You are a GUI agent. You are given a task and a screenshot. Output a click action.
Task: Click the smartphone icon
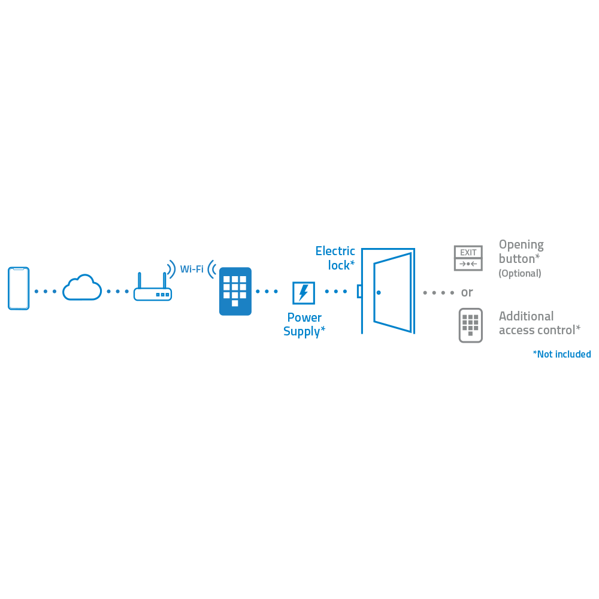[x=19, y=288]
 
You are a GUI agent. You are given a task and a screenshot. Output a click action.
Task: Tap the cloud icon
[x=82, y=288]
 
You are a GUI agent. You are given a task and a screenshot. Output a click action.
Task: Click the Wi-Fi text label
[x=192, y=269]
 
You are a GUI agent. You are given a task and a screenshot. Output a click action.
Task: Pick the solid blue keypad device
[x=235, y=291]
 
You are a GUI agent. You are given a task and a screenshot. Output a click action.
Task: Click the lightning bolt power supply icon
[x=303, y=293]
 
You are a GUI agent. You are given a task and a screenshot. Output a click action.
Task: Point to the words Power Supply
[x=304, y=324]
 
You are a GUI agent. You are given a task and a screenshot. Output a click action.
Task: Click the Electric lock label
[x=335, y=258]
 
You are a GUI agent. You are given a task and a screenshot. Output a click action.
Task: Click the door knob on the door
[x=379, y=292]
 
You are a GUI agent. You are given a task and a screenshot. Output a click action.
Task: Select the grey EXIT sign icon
[x=468, y=258]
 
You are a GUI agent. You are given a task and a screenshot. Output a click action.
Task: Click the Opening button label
[x=521, y=252]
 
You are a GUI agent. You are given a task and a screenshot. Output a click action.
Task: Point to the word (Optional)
[x=520, y=273]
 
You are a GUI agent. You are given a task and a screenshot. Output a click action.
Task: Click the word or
[x=467, y=292]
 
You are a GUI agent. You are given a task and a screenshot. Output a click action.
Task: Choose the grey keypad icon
[x=470, y=325]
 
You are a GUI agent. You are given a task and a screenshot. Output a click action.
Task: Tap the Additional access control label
[x=539, y=323]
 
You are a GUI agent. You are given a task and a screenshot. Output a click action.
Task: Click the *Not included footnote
[x=561, y=354]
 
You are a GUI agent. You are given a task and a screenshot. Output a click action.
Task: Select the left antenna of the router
[x=139, y=280]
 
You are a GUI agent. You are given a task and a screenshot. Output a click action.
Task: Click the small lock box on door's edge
[x=359, y=291]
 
